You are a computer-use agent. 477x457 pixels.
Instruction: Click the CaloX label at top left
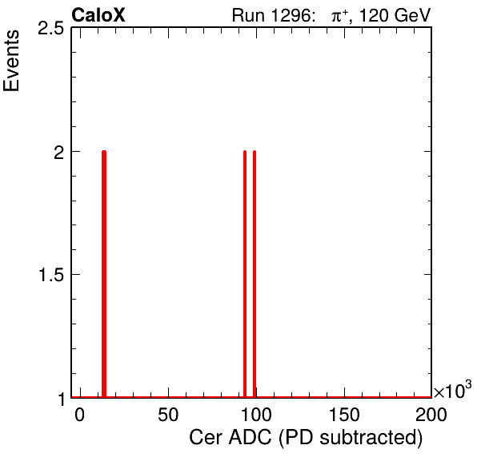pyautogui.click(x=98, y=15)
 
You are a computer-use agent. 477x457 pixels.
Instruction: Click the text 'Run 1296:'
pyautogui.click(x=272, y=15)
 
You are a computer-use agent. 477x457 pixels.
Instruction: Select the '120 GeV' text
pyautogui.click(x=395, y=15)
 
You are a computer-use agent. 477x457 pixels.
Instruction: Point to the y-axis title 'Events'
pyautogui.click(x=11, y=61)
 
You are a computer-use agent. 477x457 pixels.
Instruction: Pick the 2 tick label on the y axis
pyautogui.click(x=59, y=152)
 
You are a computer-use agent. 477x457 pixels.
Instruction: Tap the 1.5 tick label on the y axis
pyautogui.click(x=50, y=275)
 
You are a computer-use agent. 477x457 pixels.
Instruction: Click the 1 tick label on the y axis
pyautogui.click(x=61, y=399)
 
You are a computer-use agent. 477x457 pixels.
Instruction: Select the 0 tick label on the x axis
pyautogui.click(x=80, y=415)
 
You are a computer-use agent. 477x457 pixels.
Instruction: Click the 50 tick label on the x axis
pyautogui.click(x=168, y=415)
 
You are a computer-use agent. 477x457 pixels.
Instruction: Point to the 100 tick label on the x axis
pyautogui.click(x=256, y=415)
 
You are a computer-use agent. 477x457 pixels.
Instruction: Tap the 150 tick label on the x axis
pyautogui.click(x=345, y=415)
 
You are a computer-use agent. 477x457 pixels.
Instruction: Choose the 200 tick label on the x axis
pyautogui.click(x=431, y=415)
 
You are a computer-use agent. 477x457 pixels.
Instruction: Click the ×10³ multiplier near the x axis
pyautogui.click(x=453, y=390)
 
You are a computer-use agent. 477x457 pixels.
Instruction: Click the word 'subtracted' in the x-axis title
pyautogui.click(x=371, y=438)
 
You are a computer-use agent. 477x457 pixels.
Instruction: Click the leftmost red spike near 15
pyautogui.click(x=104, y=274)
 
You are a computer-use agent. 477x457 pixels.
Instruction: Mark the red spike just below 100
pyautogui.click(x=245, y=274)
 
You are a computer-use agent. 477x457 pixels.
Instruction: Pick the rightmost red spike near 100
pyautogui.click(x=255, y=274)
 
